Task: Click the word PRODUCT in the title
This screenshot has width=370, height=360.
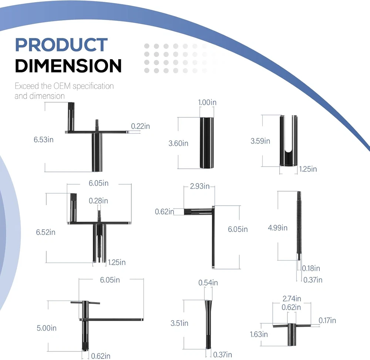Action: click(x=61, y=45)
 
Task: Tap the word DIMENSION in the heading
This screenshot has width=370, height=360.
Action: click(x=68, y=66)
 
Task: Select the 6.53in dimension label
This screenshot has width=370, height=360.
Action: click(x=43, y=140)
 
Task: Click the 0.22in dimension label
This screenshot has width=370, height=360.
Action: click(x=140, y=126)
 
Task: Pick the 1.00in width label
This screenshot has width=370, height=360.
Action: click(x=207, y=102)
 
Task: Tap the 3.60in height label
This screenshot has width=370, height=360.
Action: click(x=178, y=143)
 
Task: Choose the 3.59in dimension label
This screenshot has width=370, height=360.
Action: click(x=260, y=141)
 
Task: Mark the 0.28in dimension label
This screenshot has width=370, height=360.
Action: click(x=98, y=201)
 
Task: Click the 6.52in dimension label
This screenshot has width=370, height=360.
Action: click(x=46, y=232)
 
